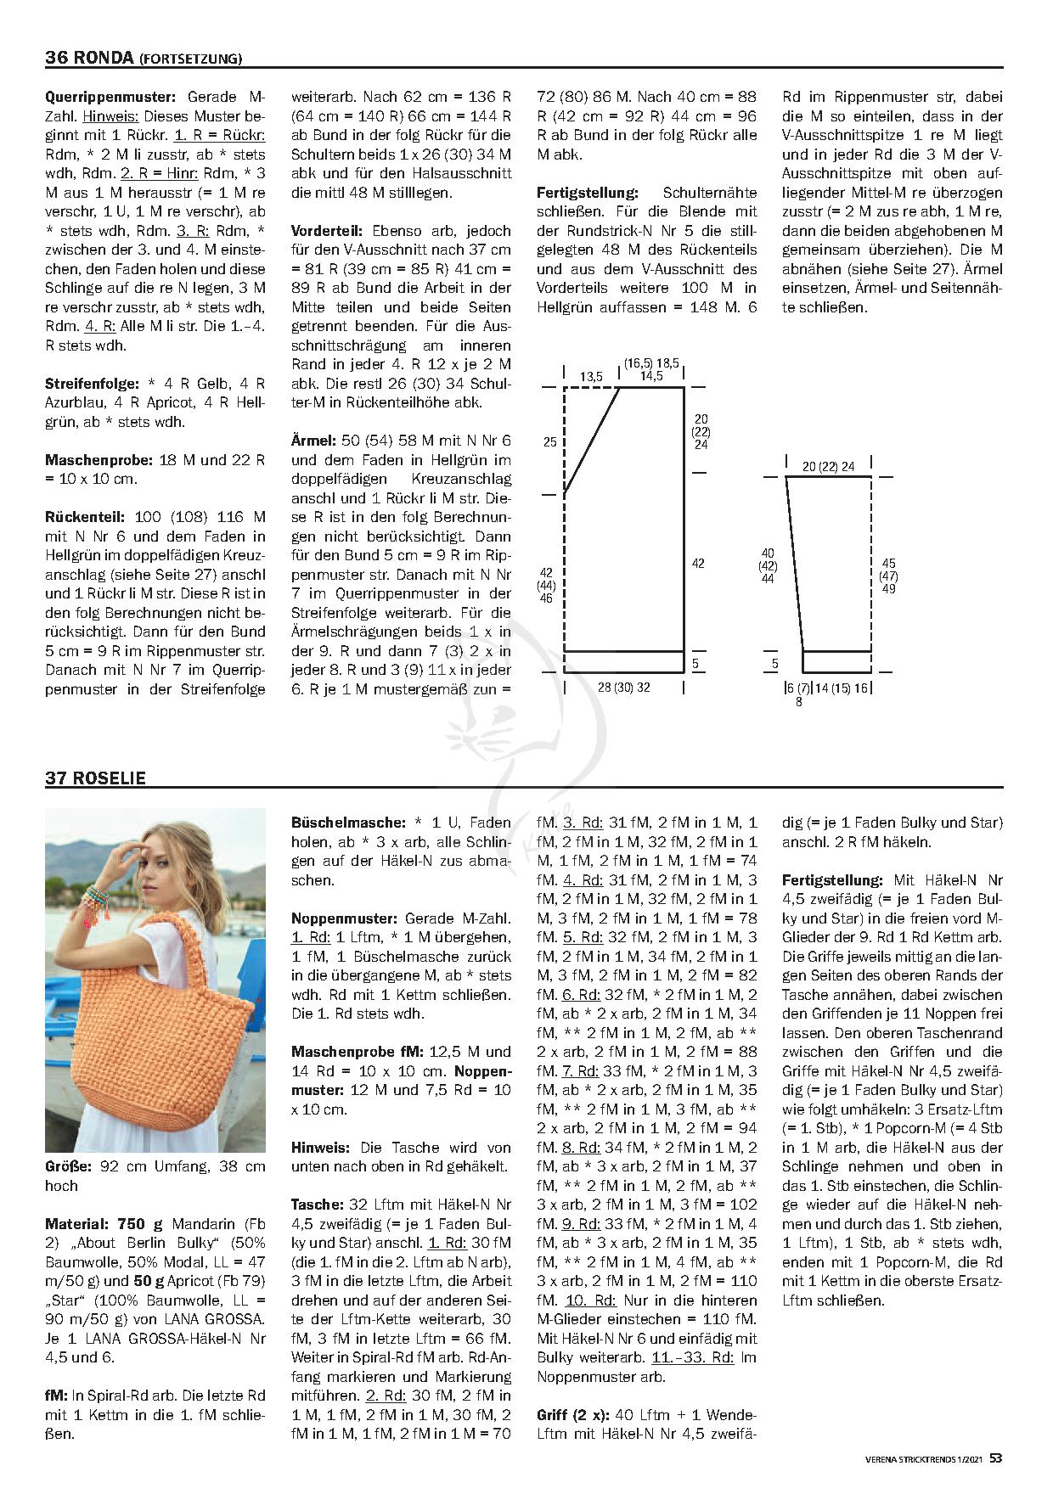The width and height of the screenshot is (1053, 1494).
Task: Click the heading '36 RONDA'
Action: click(89, 58)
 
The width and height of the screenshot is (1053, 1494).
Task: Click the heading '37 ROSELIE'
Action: click(95, 778)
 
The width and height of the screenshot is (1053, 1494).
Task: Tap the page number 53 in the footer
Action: click(996, 1457)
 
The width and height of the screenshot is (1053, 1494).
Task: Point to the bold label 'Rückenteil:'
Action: click(85, 517)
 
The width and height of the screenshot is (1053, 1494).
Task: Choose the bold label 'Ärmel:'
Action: click(313, 441)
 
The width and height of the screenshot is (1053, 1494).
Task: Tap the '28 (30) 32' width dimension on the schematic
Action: click(623, 687)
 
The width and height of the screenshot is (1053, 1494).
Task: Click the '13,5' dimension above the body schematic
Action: click(591, 377)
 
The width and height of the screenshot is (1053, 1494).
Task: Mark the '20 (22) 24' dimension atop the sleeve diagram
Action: click(828, 467)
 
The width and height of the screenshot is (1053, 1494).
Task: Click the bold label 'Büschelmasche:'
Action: click(348, 823)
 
